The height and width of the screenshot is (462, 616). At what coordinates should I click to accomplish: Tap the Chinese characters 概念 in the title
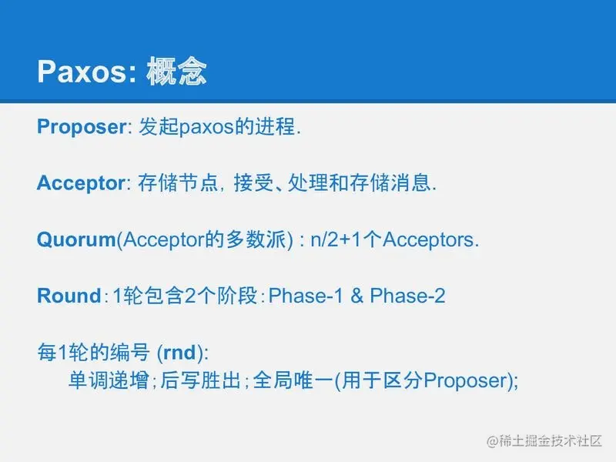coord(176,71)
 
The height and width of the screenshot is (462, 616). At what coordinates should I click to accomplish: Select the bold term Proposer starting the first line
coord(82,127)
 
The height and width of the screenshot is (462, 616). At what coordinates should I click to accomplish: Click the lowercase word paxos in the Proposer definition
coord(206,128)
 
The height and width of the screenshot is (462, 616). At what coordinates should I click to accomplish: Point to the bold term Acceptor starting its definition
coord(81,183)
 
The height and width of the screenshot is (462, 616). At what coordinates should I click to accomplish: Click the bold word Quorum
coord(76,239)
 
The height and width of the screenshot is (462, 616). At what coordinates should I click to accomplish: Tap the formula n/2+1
coord(336,239)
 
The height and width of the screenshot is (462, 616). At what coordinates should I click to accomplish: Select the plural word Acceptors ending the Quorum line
coord(429,240)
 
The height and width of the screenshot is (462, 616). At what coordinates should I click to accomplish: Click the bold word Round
coord(69,296)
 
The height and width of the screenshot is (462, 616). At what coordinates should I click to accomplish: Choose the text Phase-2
coord(408,296)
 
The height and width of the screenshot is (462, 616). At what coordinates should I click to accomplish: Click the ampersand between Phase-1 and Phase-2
coord(357,296)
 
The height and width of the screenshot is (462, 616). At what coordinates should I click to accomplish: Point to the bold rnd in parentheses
coord(180,353)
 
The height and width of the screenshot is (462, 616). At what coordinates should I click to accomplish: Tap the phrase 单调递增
coord(109,380)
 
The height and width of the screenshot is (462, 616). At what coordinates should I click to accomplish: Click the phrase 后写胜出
coord(200,380)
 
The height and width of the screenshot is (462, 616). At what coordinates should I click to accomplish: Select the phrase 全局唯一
coord(293,380)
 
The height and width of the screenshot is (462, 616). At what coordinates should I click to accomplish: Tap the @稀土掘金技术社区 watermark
coord(544,440)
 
